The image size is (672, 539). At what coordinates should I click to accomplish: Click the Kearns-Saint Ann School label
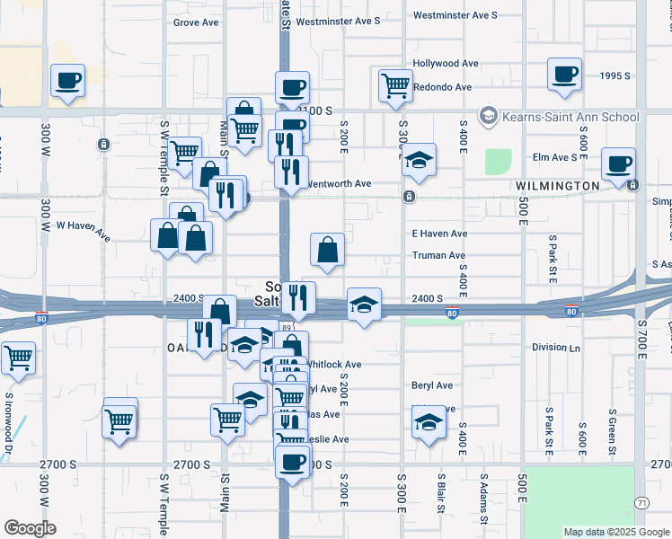coord(570,117)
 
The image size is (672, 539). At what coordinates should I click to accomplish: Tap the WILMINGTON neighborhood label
coord(558,186)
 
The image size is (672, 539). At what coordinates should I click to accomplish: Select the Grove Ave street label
coord(198,22)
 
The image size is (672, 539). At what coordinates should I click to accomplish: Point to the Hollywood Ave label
coord(446,64)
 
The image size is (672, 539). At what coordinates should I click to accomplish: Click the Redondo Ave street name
coord(442,87)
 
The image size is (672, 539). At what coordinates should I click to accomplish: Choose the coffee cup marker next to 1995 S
coord(565,75)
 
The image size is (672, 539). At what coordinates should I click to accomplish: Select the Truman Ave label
coord(438,254)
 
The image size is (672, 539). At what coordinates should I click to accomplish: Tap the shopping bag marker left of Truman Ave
coord(328,250)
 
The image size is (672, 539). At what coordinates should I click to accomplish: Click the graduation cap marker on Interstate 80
coord(364,305)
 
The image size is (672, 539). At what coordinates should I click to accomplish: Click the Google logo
coord(30,527)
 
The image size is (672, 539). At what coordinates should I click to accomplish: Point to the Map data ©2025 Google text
coord(616,532)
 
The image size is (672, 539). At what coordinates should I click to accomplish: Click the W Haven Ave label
coord(83,231)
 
